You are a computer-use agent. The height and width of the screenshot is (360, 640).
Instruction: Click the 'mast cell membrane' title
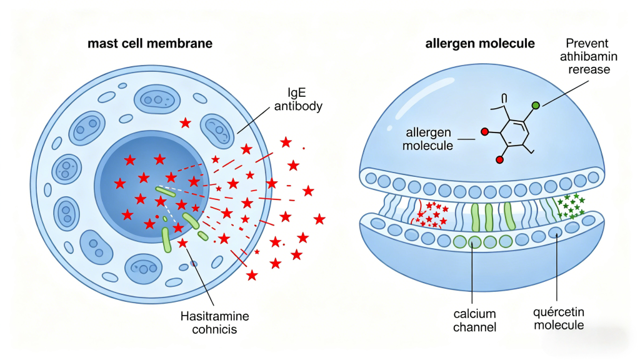(150, 44)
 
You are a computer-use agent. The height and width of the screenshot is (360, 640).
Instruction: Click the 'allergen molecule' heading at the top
(480, 44)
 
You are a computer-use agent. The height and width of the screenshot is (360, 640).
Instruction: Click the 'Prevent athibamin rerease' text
(587, 57)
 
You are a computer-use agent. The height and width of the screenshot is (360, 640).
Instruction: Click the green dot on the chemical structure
(536, 105)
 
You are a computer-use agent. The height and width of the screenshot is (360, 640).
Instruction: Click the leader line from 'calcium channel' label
(472, 275)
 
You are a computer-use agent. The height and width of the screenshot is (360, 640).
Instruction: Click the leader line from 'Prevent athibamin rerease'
(562, 88)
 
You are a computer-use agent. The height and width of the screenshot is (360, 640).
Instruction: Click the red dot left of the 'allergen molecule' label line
(484, 132)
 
